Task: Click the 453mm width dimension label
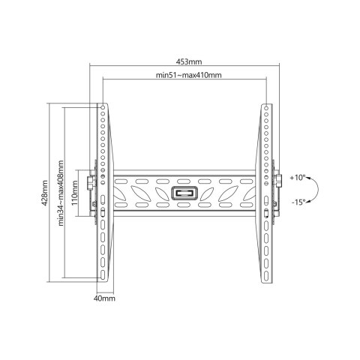pos(189,61)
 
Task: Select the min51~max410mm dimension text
pos(189,75)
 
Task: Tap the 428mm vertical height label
pos(45,193)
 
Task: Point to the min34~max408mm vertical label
pos(61,193)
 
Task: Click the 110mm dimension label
pos(75,193)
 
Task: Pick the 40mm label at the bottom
pos(104,298)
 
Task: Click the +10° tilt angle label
pos(298,178)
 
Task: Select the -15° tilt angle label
pos(298,202)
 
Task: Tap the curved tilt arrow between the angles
pos(317,190)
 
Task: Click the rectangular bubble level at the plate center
pos(184,193)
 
